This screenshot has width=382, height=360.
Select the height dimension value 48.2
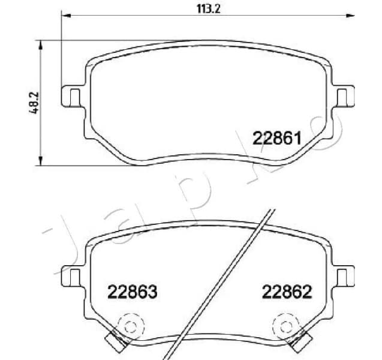34,103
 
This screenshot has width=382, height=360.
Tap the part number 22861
276,139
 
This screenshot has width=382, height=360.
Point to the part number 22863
132,292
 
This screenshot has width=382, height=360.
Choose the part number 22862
287,292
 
